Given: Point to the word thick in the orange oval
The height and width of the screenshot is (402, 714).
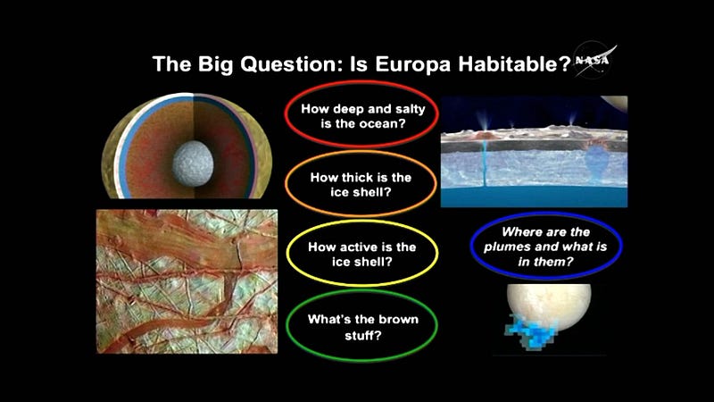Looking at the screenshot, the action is point(360,177).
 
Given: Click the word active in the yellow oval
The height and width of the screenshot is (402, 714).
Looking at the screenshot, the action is point(360,247).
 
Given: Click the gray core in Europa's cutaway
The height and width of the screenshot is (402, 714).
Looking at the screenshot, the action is point(193,163).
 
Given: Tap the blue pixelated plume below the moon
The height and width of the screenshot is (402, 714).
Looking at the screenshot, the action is point(530,331).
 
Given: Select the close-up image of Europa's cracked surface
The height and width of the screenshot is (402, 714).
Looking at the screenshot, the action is point(187,281).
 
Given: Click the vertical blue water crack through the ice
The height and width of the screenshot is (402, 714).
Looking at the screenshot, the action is point(484,163).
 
